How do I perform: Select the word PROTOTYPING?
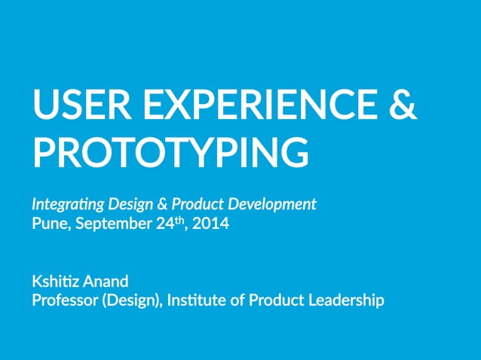170,152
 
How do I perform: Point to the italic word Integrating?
67,204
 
